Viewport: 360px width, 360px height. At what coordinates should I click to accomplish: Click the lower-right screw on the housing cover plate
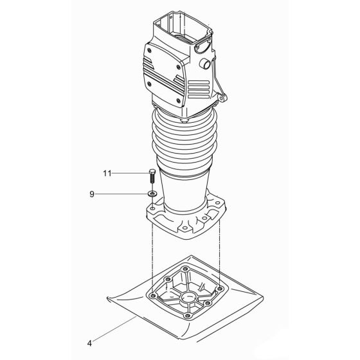coord(178,95)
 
